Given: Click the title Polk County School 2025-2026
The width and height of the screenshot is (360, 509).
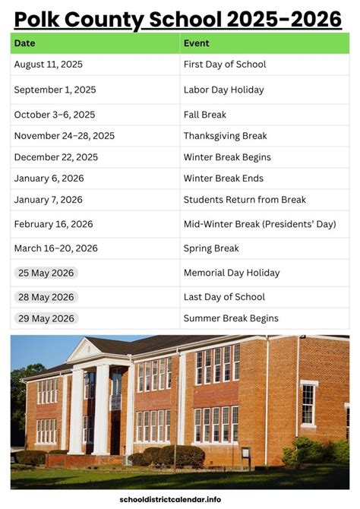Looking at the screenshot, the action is pos(179,18).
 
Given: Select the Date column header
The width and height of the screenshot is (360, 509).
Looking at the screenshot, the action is pos(24,43).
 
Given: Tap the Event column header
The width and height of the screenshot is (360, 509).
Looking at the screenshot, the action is pos(196,43).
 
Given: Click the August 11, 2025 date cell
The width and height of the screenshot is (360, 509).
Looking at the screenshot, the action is pos(49,65).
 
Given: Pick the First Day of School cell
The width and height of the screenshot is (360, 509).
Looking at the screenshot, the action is pos(224,65).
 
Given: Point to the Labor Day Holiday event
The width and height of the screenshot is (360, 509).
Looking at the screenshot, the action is pos(223,90).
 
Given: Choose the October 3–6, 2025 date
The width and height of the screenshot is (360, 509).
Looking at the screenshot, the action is pos(55,115).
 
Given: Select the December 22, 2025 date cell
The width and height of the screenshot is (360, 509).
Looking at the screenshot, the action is pos(56,157).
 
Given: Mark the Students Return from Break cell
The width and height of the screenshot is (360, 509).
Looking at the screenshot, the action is pos(245,200).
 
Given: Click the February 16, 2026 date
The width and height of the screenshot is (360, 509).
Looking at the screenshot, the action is pos(53,224).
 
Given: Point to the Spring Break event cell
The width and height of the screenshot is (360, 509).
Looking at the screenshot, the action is pos(211,248).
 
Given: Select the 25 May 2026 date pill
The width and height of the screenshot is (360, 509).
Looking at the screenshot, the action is pos(46,273).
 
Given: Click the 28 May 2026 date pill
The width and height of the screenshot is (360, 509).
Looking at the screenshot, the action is pos(46,297).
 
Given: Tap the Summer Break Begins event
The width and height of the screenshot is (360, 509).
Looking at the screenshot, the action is pos(231,318).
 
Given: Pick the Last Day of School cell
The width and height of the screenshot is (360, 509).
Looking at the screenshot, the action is pos(224,297).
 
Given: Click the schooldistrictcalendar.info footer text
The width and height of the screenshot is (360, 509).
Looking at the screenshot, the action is pos(180,499).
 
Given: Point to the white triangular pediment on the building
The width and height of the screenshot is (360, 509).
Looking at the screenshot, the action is pos(85,350).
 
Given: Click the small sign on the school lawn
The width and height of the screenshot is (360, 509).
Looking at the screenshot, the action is pos(245,454).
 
